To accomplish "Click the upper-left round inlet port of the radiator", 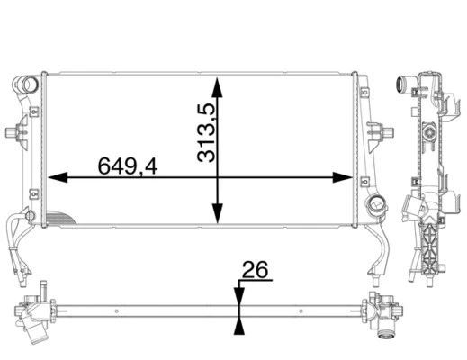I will [28, 87].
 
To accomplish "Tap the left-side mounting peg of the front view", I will [15, 135].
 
